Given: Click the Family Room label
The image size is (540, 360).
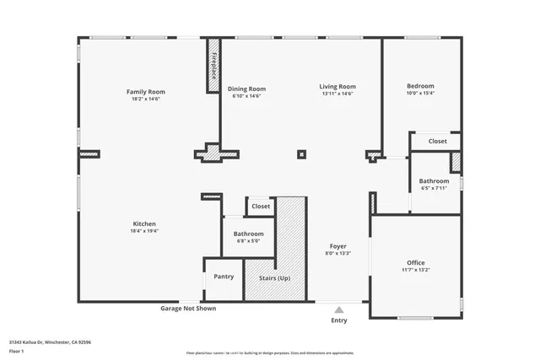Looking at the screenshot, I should pyautogui.click(x=145, y=91).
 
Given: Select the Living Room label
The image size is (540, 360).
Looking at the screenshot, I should pyautogui.click(x=337, y=86).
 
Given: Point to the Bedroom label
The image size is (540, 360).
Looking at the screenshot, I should pyautogui.click(x=420, y=86).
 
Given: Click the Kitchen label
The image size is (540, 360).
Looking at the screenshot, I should pyautogui.click(x=144, y=223).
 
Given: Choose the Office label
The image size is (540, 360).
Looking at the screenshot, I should pyautogui.click(x=416, y=263).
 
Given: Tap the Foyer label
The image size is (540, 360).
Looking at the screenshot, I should pyautogui.click(x=337, y=246).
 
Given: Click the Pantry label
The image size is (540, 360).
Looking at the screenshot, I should pyautogui.click(x=224, y=277).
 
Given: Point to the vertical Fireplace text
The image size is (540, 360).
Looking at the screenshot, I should pyautogui.click(x=214, y=66).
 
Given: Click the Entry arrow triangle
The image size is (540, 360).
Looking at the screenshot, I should pyautogui.click(x=339, y=309).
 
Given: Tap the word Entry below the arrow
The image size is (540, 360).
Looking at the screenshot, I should pyautogui.click(x=339, y=320).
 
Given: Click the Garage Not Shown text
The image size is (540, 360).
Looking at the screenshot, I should pyautogui.click(x=188, y=309).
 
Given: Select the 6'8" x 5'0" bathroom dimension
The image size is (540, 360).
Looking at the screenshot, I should pyautogui.click(x=249, y=241).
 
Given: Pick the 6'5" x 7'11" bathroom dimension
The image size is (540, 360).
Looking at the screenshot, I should pyautogui.click(x=434, y=188).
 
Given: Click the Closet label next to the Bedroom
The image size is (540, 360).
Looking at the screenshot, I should pyautogui.click(x=437, y=142).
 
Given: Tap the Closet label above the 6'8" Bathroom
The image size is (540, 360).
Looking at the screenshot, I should pyautogui.click(x=261, y=206).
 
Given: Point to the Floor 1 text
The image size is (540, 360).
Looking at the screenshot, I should pyautogui.click(x=17, y=351).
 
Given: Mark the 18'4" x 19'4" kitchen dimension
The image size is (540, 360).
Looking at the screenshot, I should pyautogui.click(x=144, y=231).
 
